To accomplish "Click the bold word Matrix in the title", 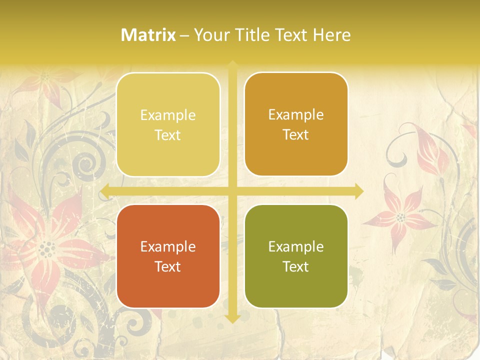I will (x=148, y=35).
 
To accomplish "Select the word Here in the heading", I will (x=332, y=35).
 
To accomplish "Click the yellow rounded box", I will (x=168, y=124).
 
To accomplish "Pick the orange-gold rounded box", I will (x=296, y=124).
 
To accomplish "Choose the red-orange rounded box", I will (x=168, y=256).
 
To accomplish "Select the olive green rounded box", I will (x=296, y=256).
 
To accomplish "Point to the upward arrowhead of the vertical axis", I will (x=232, y=64).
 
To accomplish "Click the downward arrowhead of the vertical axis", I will (x=232, y=318).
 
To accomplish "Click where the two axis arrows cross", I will (x=232, y=191).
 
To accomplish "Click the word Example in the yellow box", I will (x=168, y=115).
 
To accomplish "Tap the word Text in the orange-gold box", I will (x=296, y=134).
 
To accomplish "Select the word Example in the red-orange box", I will (x=168, y=246).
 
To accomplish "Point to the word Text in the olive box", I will (x=296, y=266).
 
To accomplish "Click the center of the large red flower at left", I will (x=47, y=247).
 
